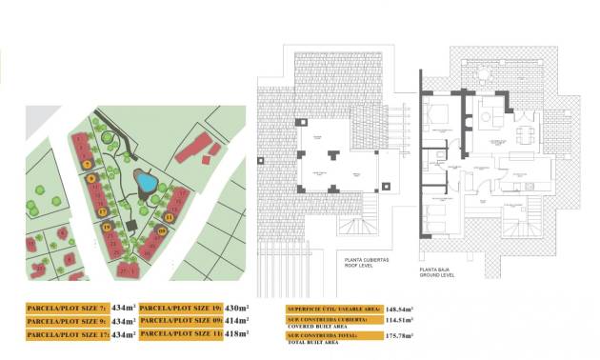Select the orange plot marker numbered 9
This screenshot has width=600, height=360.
pyautogui.click(x=90, y=178)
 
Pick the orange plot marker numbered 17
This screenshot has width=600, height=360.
pyautogui.click(x=102, y=210)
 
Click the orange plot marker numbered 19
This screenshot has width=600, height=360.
pyautogui.click(x=108, y=227)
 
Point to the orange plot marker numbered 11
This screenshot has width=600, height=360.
pyautogui.click(x=169, y=217)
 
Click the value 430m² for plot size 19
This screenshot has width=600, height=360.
pyautogui.click(x=236, y=308)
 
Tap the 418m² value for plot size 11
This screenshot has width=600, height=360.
pyautogui.click(x=236, y=334)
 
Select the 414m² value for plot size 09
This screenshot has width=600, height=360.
pyautogui.click(x=236, y=321)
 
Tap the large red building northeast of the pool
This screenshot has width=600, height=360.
pyautogui.click(x=194, y=148)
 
